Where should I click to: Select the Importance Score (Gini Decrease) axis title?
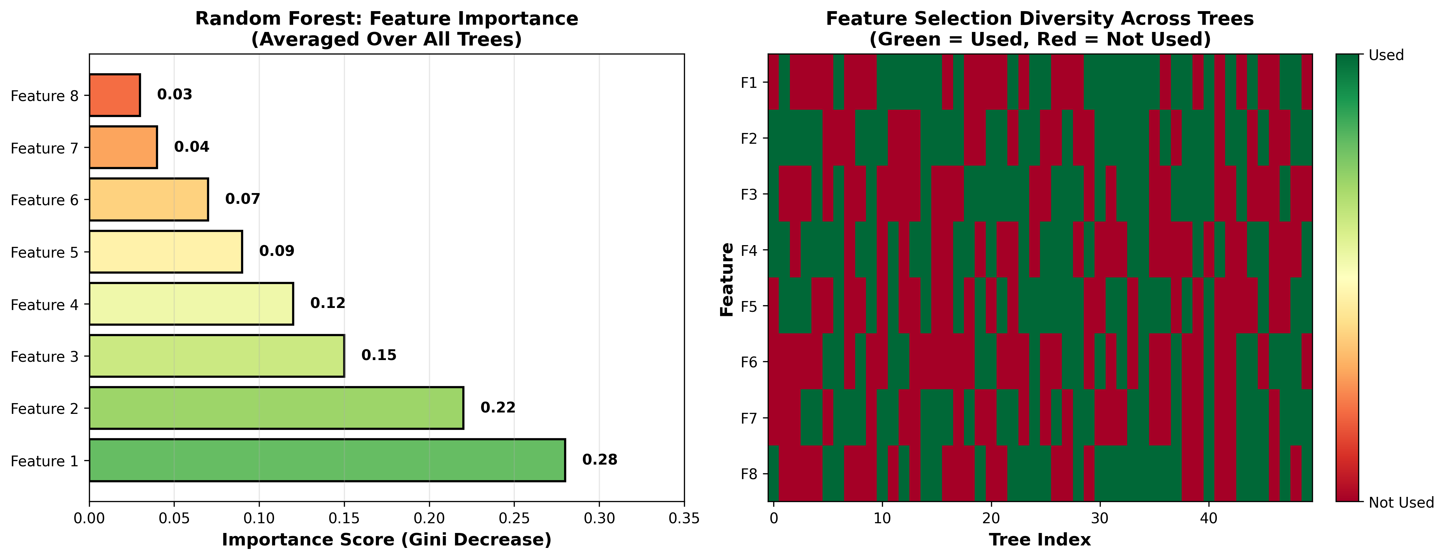coord(387,540)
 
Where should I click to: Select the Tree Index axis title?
coord(1039,540)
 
